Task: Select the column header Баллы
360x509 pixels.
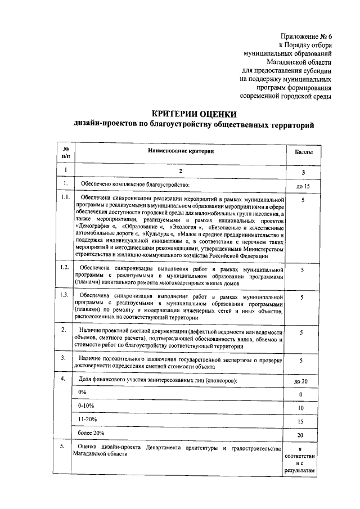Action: [x=301, y=152]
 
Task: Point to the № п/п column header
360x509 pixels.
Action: [x=66, y=151]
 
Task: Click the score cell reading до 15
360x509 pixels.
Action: [x=302, y=186]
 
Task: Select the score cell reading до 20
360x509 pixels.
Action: [x=301, y=381]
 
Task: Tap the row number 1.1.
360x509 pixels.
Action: [x=66, y=198]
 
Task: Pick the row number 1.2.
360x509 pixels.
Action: [x=66, y=267]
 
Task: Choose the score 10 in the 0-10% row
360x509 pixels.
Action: [x=301, y=408]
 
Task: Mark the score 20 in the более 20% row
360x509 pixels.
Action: [x=301, y=435]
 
